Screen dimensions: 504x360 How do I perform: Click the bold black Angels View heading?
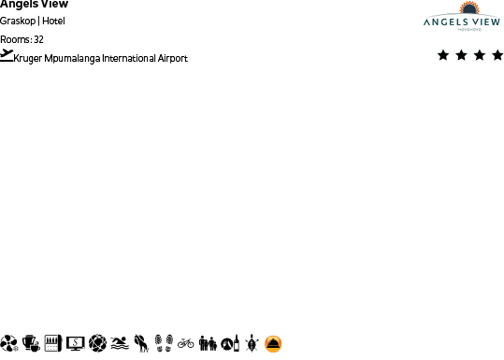tap(34, 4)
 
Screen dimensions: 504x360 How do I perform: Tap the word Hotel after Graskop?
tap(53, 22)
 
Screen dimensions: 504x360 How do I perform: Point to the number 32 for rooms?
tap(38, 39)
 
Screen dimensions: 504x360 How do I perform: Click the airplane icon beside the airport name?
tap(7, 56)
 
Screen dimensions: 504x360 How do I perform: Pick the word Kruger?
tap(29, 58)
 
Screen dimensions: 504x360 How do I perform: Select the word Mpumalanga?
tap(72, 58)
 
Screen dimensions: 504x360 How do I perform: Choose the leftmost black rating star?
tap(443, 55)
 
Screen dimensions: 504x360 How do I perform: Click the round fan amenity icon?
tap(9, 343)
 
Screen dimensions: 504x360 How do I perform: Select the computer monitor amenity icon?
tap(75, 343)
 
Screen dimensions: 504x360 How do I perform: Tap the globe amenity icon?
tap(97, 343)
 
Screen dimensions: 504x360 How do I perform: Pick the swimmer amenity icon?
tap(119, 343)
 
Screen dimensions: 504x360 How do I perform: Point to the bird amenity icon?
tap(140, 343)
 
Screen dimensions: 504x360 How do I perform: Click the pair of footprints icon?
tap(164, 343)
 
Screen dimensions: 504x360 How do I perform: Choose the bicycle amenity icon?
tap(186, 343)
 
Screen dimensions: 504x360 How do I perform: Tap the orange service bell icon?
tap(273, 343)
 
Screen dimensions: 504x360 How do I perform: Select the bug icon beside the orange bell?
tap(252, 343)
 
